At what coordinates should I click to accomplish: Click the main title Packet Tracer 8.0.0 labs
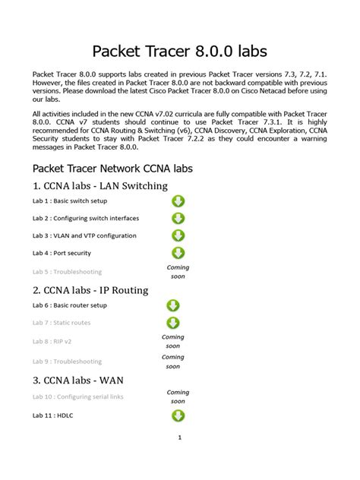179,51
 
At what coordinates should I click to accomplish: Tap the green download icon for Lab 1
178,201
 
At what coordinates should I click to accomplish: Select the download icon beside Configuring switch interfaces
178,219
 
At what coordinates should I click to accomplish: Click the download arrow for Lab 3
178,236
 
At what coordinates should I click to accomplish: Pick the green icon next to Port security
178,253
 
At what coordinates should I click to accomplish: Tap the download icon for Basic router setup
173,305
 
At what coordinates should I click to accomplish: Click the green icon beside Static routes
173,323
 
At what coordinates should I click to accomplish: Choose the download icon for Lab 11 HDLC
178,415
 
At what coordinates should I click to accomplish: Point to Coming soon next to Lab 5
178,272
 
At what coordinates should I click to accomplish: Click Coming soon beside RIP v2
173,341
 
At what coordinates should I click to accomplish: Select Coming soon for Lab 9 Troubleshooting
173,361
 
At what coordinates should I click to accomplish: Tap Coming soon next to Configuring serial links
178,396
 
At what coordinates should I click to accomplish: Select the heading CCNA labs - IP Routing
90,290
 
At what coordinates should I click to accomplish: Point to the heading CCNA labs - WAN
78,380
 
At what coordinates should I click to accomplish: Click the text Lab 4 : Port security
62,254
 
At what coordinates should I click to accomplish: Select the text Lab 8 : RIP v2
52,342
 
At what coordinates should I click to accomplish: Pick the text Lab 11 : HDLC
52,416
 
